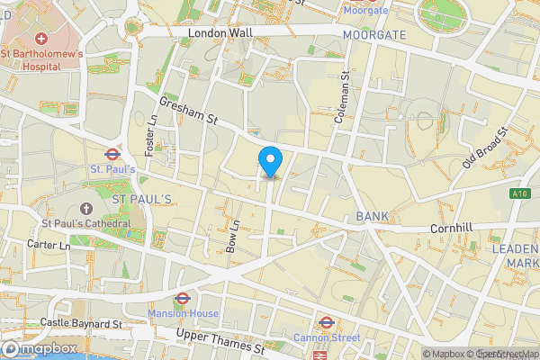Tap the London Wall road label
pyautogui.click(x=220, y=32)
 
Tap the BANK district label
pyautogui.click(x=372, y=217)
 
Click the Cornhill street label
pyautogui.click(x=451, y=229)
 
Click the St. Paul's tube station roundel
pyautogui.click(x=112, y=154)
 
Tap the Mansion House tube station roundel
pyautogui.click(x=182, y=298)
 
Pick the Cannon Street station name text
pyautogui.click(x=327, y=337)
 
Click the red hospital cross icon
pyautogui.click(x=41, y=40)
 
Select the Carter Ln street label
pyautogui.click(x=49, y=245)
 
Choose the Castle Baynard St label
pyautogui.click(x=80, y=322)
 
